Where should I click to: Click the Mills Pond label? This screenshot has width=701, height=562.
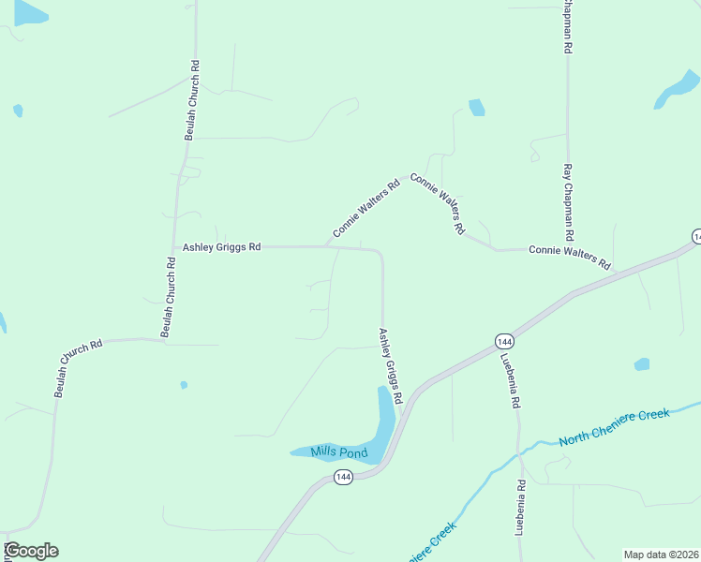pyautogui.click(x=340, y=453)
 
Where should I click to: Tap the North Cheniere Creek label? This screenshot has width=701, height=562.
pyautogui.click(x=614, y=427)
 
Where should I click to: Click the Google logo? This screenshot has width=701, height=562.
pyautogui.click(x=31, y=551)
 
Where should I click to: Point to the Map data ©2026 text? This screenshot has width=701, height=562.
pyautogui.click(x=662, y=555)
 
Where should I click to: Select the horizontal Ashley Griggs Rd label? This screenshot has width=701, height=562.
pyautogui.click(x=221, y=247)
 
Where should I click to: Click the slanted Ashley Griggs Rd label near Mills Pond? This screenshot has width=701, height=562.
pyautogui.click(x=390, y=366)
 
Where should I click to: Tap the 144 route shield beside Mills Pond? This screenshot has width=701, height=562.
pyautogui.click(x=343, y=478)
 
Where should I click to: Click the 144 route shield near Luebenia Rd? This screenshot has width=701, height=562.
pyautogui.click(x=504, y=341)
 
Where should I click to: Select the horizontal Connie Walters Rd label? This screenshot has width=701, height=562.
pyautogui.click(x=569, y=250)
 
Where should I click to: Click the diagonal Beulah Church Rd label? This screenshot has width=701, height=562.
pyautogui.click(x=78, y=368)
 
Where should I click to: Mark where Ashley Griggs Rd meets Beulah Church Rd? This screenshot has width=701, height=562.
pyautogui.click(x=175, y=247)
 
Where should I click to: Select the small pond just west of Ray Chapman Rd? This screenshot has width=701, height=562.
pyautogui.click(x=476, y=107)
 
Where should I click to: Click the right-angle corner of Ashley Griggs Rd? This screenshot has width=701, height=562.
pyautogui.click(x=381, y=252)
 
